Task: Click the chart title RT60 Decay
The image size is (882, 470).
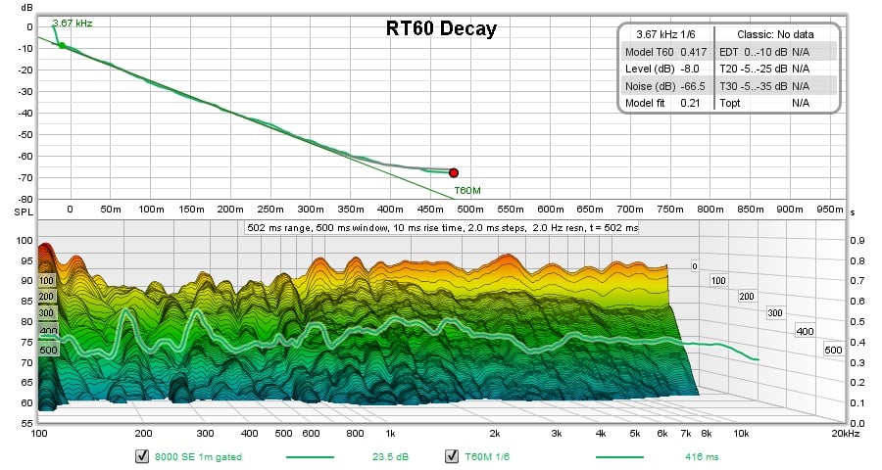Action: pos(440,28)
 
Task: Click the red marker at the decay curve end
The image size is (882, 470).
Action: pos(454,172)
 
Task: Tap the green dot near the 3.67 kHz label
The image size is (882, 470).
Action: pos(62,45)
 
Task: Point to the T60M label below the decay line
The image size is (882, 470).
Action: pos(467,190)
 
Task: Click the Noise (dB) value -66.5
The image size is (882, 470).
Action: pos(693,85)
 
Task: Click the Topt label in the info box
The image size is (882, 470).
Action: pos(730,102)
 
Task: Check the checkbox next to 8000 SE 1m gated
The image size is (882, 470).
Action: pos(143,455)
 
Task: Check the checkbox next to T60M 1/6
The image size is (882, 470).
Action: pos(452,455)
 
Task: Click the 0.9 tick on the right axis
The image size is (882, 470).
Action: pos(856,240)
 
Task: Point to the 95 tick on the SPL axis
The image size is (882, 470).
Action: pos(25,260)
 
